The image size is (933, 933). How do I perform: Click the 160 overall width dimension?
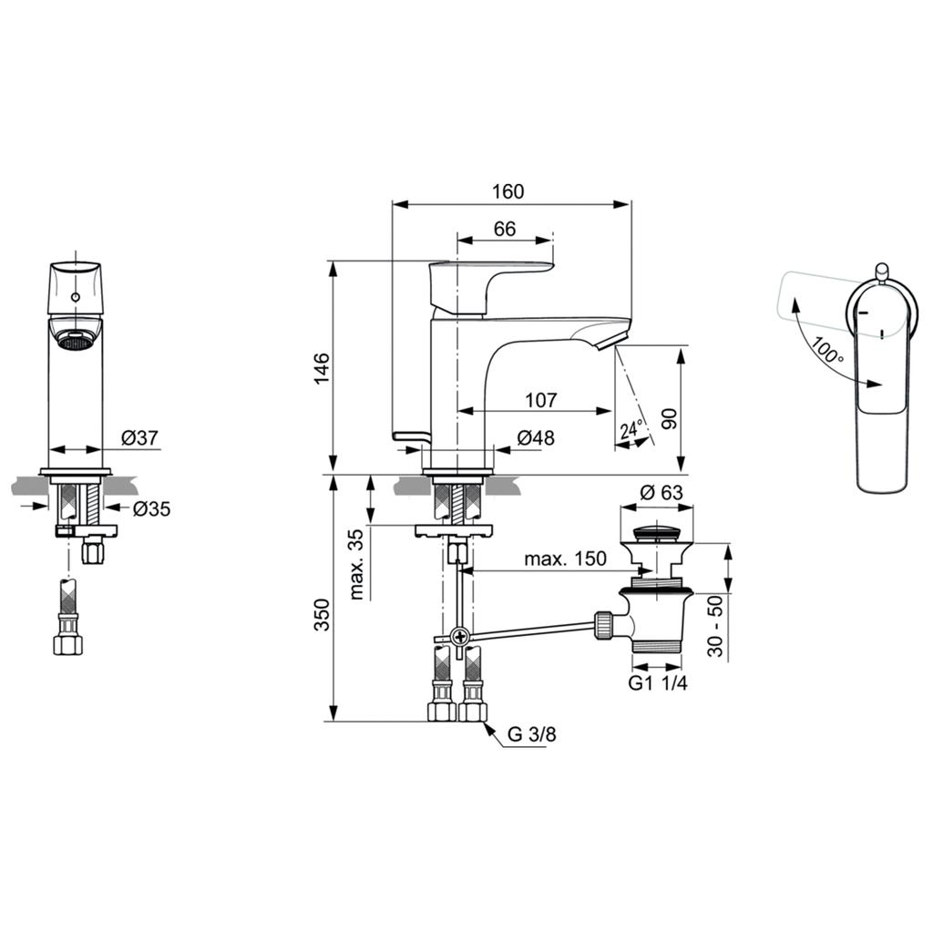point(508,191)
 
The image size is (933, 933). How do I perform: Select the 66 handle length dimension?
point(505,229)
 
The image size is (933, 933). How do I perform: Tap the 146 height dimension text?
point(322,368)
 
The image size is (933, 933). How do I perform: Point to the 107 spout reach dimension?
point(541,400)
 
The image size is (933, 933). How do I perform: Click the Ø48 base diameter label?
point(536,438)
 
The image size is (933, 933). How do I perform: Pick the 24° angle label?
point(631,430)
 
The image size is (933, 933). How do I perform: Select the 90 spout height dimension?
point(670,419)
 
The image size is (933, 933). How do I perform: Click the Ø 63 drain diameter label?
point(661,493)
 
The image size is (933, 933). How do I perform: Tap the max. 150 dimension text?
point(565,559)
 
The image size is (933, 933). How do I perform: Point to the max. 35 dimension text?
point(356,564)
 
